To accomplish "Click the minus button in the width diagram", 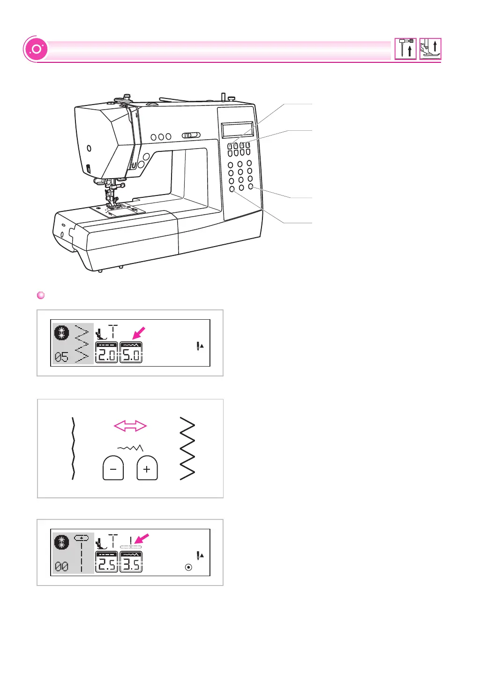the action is pos(113,468).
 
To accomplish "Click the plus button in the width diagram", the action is pos(147,468).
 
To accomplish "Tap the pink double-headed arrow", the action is pos(130,426).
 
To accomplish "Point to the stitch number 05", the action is pos(61,357).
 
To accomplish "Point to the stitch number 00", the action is pos(61,567).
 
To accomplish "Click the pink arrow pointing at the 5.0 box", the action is pos(139,333).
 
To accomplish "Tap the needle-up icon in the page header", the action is pos(405,48).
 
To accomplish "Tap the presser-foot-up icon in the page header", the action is pos(430,48).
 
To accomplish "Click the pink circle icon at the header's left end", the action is pos(36,49).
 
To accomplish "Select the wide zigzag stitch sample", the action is pos(187,448).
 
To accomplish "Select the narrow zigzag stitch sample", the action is pos(73,448).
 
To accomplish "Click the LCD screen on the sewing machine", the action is pos(237,130).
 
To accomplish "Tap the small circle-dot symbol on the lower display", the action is pos(188,567).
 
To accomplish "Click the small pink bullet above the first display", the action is pos(41,295).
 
